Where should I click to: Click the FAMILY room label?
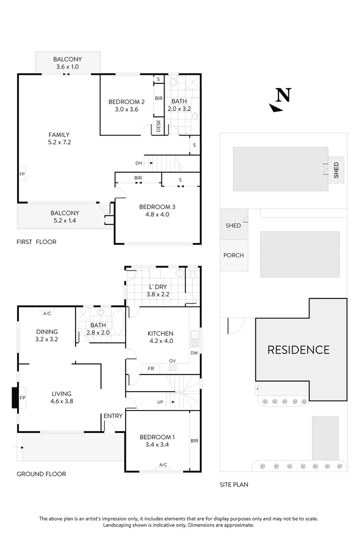(58, 134)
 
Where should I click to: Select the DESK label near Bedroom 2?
(158, 125)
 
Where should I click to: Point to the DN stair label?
(138, 163)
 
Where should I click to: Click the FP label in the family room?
(22, 174)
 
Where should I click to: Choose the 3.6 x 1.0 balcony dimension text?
(67, 66)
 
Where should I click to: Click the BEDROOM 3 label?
(157, 207)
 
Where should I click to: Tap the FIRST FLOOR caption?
(36, 242)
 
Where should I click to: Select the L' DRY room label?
(158, 287)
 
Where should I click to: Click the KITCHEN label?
(160, 333)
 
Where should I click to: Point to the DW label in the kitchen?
(194, 353)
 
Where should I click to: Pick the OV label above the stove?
(172, 360)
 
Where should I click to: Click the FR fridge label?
(150, 368)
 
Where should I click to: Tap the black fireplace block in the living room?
(15, 398)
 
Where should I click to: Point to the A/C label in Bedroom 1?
(163, 465)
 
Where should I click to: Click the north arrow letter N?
(283, 95)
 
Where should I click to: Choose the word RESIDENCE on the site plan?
(298, 349)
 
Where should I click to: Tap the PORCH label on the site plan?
(233, 255)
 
